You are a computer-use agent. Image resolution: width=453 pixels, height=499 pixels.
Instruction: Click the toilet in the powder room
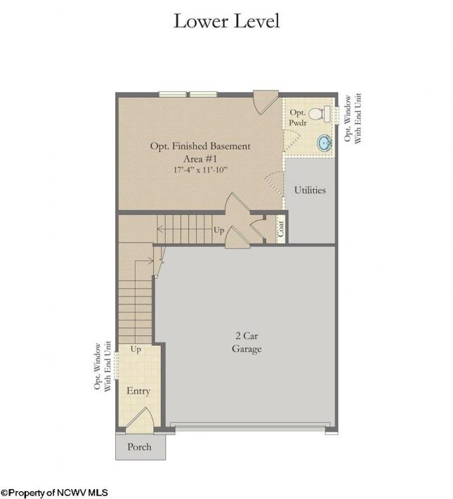320,114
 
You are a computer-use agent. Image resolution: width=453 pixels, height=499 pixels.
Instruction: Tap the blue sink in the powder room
324,143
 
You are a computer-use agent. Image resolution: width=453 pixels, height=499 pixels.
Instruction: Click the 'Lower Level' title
226,21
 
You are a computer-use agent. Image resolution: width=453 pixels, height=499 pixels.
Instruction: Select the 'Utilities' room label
310,190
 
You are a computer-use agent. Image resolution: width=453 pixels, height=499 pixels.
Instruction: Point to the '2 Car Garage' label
247,342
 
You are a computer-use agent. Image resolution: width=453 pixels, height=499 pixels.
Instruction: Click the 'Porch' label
139,447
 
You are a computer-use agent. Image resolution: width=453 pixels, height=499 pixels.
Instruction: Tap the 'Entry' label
138,391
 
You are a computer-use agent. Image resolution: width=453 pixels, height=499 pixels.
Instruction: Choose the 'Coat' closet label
280,228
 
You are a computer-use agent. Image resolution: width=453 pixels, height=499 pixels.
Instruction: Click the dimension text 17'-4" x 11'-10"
200,169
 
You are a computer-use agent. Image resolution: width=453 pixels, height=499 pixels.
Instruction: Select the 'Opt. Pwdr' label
298,117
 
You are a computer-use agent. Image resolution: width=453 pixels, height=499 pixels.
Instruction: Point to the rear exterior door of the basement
265,102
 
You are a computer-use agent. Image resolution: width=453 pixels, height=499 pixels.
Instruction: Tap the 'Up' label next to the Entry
136,349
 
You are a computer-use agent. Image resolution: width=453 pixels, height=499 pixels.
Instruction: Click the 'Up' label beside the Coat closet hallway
219,230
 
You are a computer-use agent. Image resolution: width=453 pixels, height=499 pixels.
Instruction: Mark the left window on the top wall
173,94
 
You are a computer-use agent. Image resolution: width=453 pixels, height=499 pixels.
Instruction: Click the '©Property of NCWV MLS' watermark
54,493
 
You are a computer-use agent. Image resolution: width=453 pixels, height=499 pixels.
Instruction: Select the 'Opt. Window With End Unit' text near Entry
103,366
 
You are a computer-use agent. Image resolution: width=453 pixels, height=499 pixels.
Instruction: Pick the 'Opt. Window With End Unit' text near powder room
353,118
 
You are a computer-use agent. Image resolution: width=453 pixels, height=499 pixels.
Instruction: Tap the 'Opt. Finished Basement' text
200,146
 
